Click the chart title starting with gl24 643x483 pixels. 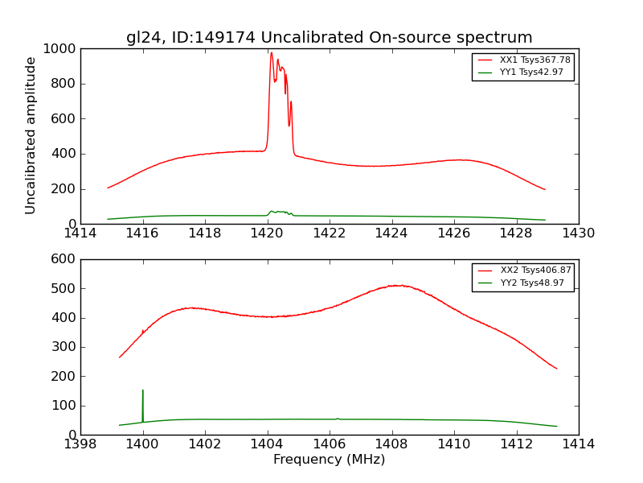329,37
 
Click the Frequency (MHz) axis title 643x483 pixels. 329,460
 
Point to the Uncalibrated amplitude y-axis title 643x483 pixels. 31,135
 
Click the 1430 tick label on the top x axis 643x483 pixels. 578,233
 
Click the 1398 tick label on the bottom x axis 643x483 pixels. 80,444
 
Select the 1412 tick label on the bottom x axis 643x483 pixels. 516,444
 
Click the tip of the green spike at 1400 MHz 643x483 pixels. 143,390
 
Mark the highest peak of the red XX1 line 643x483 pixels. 272,53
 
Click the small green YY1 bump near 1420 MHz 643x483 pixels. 272,211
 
